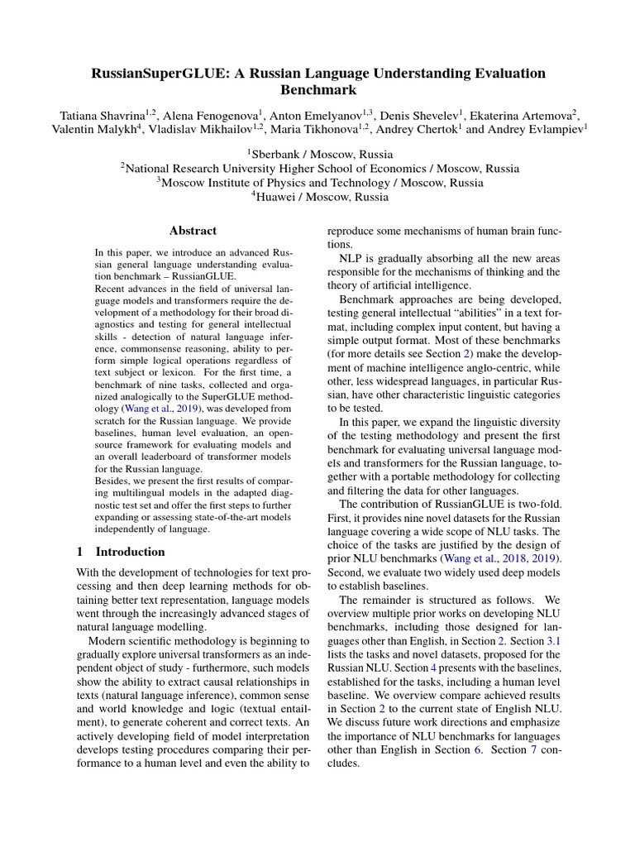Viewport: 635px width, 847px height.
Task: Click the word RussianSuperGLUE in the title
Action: click(155, 74)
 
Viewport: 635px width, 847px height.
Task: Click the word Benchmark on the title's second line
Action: click(318, 90)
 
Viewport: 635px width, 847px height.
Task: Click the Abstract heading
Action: click(193, 231)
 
